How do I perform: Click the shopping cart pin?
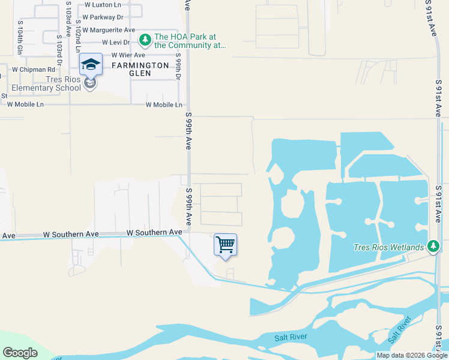tap(225, 245)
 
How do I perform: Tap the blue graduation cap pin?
tap(91, 65)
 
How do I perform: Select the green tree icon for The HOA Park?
tap(145, 40)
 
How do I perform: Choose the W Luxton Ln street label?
tap(103, 4)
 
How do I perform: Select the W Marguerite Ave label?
tap(109, 29)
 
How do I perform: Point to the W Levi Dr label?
tap(116, 43)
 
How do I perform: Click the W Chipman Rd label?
tap(34, 70)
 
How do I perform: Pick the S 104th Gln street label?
tap(20, 38)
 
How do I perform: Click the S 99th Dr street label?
tap(179, 70)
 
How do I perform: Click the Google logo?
tap(20, 353)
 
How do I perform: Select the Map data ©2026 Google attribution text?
tap(412, 356)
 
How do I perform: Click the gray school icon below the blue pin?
tap(90, 83)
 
